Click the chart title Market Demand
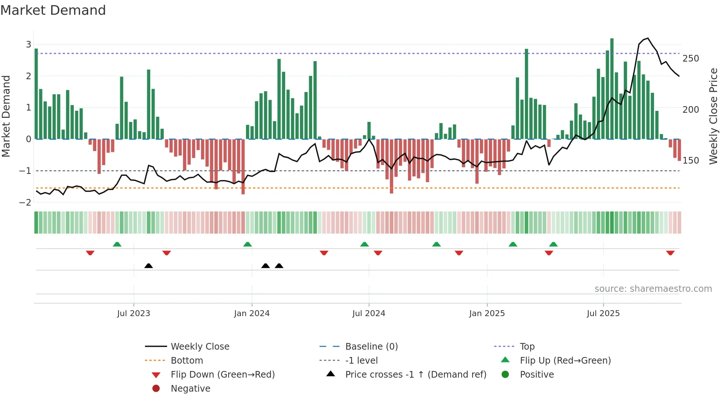pyautogui.click(x=53, y=10)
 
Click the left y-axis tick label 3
pyautogui.click(x=28, y=45)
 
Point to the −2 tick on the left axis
pyautogui.click(x=25, y=202)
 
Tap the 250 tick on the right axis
pyautogui.click(x=691, y=59)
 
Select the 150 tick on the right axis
pyautogui.click(x=691, y=161)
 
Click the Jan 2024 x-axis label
pyautogui.click(x=252, y=314)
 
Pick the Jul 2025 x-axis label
pyautogui.click(x=603, y=314)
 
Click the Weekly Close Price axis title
pyautogui.click(x=713, y=116)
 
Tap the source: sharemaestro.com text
pyautogui.click(x=653, y=289)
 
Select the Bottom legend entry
pyautogui.click(x=187, y=361)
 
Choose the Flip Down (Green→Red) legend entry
pyautogui.click(x=222, y=375)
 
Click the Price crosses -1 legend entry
pyautogui.click(x=415, y=375)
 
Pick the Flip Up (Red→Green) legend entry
pyautogui.click(x=565, y=361)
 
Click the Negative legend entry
pyautogui.click(x=190, y=389)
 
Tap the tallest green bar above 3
pyautogui.click(x=612, y=88)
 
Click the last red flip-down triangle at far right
pyautogui.click(x=670, y=253)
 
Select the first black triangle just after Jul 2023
pyautogui.click(x=148, y=266)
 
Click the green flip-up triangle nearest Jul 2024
pyautogui.click(x=364, y=244)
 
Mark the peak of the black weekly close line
pyautogui.click(x=648, y=38)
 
